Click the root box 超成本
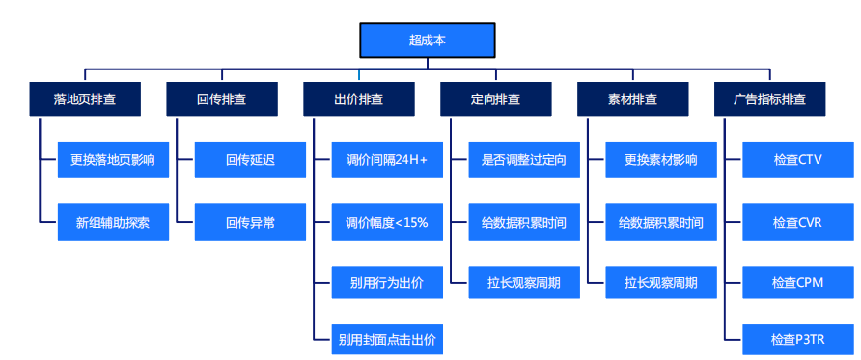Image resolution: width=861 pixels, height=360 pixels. pos(427,41)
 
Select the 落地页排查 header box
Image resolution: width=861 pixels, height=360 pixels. pos(85,98)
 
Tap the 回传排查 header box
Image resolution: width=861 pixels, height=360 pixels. pos(222,98)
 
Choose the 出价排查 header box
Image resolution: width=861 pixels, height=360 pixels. pos(359,98)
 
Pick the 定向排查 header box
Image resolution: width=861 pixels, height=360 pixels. pos(496,98)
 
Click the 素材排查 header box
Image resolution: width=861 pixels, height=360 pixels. pos(633,98)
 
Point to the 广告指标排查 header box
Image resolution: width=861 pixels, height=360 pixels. pos(770,98)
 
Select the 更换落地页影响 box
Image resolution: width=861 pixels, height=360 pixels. pos(113,160)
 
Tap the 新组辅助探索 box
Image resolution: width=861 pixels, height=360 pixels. pos(113,222)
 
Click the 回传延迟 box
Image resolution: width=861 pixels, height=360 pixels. pos(251,160)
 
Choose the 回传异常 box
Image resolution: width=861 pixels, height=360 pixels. pos(251,222)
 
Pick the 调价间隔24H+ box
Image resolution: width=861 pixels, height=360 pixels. pos(387,160)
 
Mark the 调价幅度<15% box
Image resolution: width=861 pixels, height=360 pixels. pos(387,222)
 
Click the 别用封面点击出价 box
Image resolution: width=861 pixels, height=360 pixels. pos(387,340)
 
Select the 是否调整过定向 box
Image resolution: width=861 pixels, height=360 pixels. pos(524,160)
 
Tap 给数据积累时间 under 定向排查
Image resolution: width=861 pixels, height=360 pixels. pos(524,222)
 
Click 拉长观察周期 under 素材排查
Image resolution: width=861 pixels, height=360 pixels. pos(661,284)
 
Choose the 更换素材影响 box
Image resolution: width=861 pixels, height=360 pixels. pos(661,160)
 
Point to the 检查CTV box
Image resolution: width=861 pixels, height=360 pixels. pos(798,160)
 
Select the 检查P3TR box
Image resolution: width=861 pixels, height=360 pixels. pos(798,340)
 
